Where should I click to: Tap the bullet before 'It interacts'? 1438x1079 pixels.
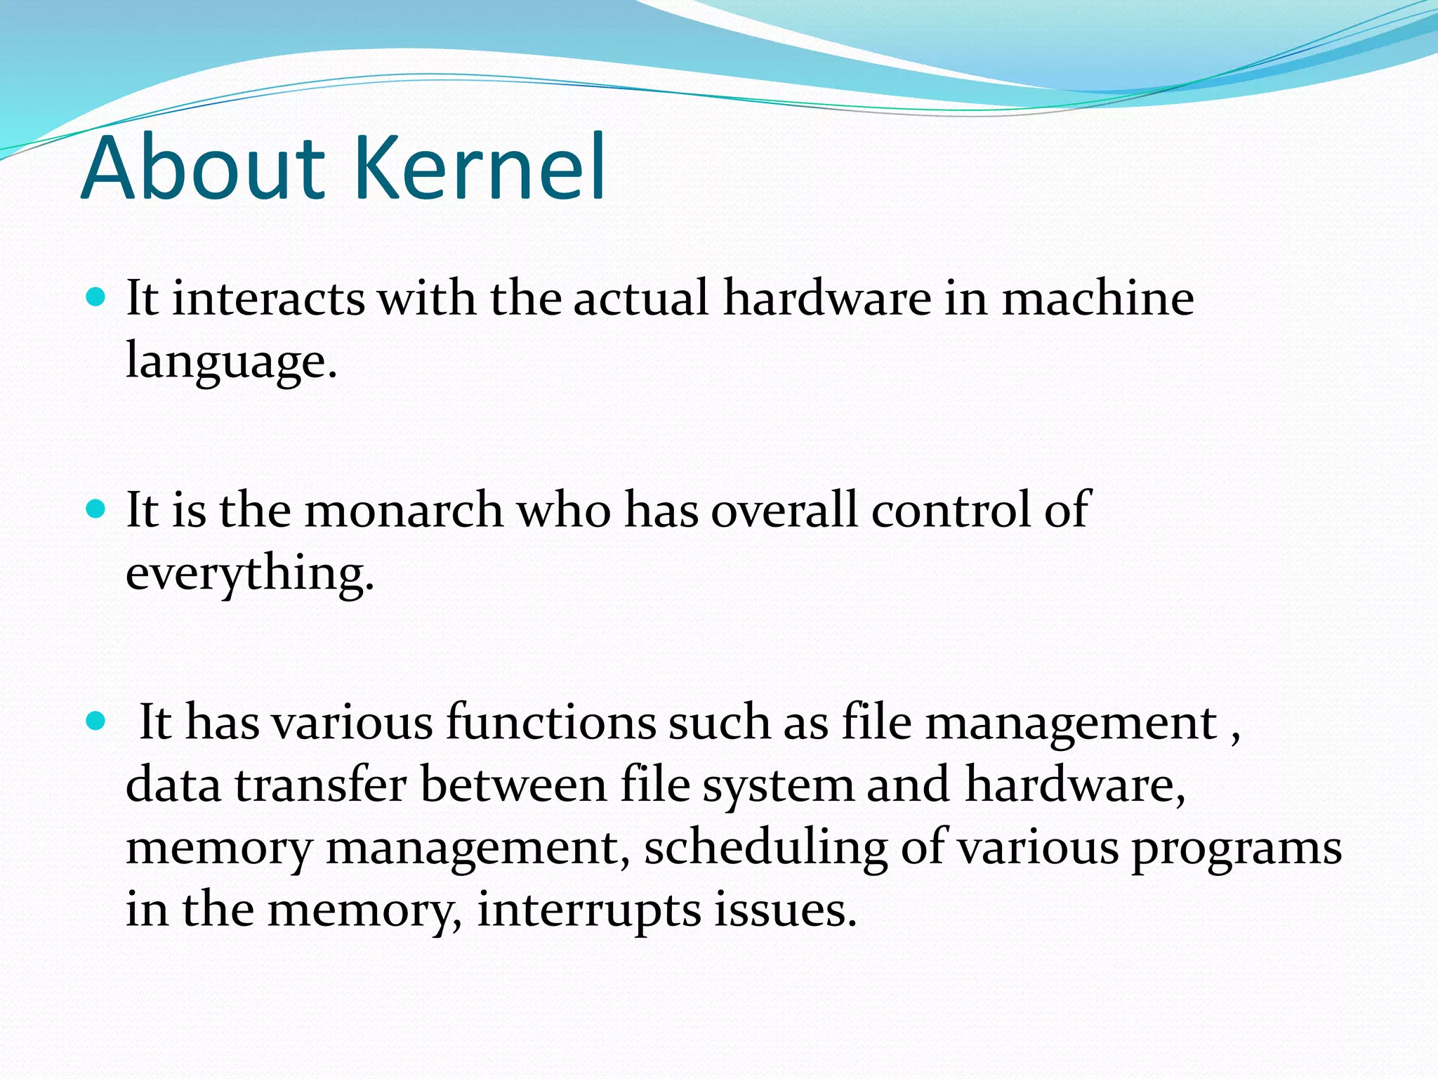[95, 296]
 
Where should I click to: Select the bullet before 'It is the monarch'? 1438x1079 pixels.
[95, 509]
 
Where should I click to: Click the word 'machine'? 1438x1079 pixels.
[1097, 299]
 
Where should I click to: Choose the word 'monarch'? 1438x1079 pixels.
[403, 510]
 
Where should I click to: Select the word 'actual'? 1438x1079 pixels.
[640, 299]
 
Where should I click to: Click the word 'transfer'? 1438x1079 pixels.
[320, 785]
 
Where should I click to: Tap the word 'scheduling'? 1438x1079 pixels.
[765, 849]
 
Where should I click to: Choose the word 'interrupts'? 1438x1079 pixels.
[588, 911]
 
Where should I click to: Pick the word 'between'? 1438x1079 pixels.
[513, 785]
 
